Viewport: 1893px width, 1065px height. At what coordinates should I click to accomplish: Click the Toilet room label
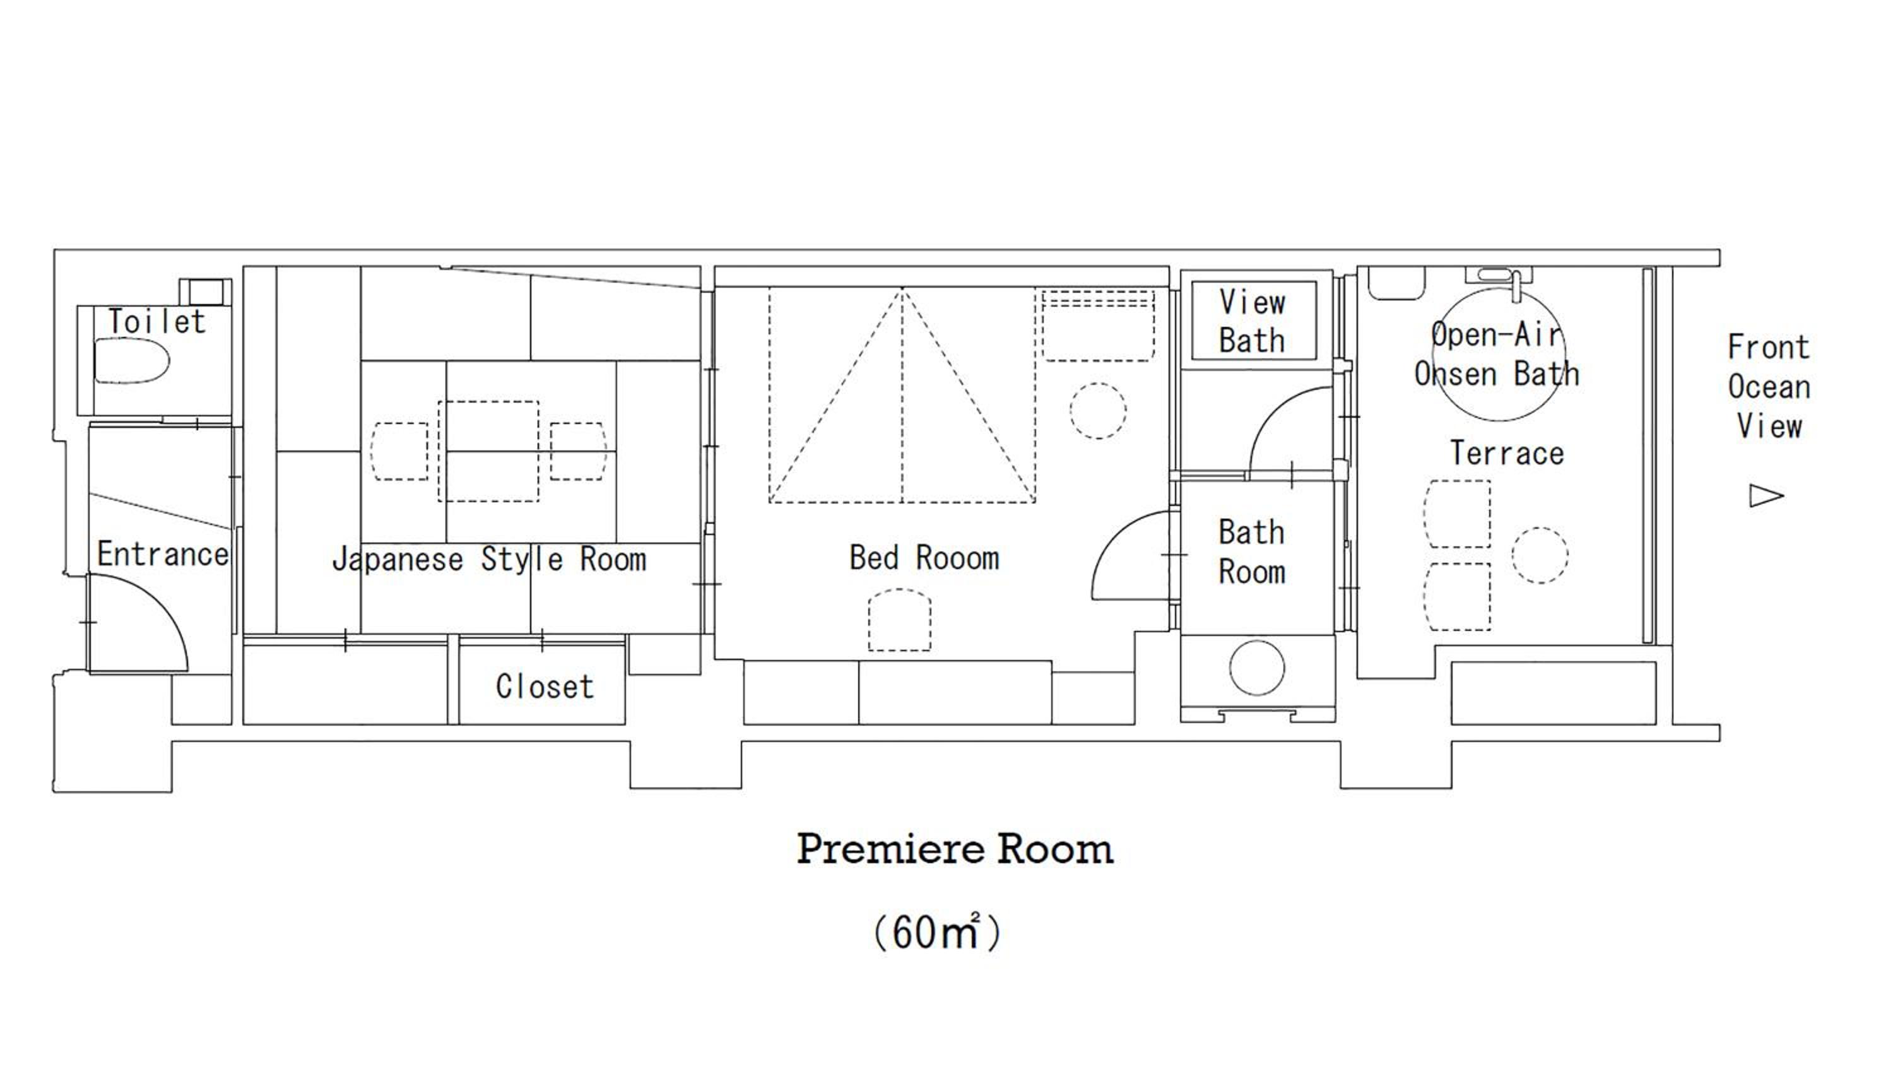pyautogui.click(x=156, y=322)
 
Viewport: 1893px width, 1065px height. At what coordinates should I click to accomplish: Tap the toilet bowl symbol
pyautogui.click(x=133, y=360)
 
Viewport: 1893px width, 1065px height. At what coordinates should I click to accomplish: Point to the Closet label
pyautogui.click(x=545, y=686)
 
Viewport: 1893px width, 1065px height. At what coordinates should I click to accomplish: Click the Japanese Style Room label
pyautogui.click(x=490, y=560)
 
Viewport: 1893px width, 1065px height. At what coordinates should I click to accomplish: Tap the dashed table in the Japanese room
pyautogui.click(x=488, y=451)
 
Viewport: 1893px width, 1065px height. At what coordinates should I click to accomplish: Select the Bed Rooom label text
pyautogui.click(x=924, y=558)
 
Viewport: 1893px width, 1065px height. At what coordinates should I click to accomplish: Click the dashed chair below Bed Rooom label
pyautogui.click(x=899, y=620)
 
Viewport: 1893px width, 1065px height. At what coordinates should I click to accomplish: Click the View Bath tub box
pyautogui.click(x=1254, y=321)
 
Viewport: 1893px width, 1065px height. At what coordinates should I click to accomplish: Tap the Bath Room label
pyautogui.click(x=1252, y=552)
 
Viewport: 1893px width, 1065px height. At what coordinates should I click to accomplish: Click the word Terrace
pyautogui.click(x=1506, y=453)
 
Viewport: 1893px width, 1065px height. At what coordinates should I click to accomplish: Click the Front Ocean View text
pyautogui.click(x=1769, y=387)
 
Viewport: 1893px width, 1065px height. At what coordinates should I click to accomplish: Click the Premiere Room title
pyautogui.click(x=955, y=850)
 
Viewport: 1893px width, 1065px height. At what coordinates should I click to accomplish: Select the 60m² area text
pyautogui.click(x=937, y=932)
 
